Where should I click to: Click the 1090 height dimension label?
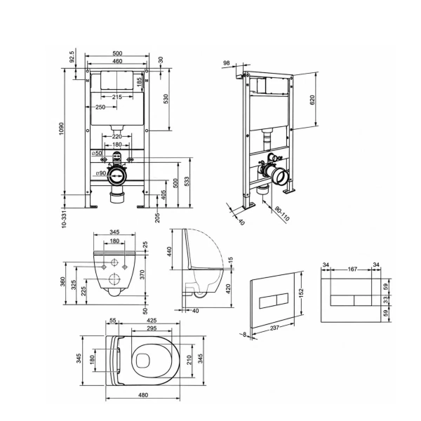pyautogui.click(x=62, y=128)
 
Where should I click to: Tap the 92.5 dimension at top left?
pyautogui.click(x=72, y=57)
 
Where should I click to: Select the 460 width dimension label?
pyautogui.click(x=117, y=61)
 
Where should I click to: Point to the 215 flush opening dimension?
pyautogui.click(x=117, y=97)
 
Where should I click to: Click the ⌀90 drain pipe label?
pyautogui.click(x=101, y=173)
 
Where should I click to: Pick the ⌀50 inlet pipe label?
pyautogui.click(x=97, y=153)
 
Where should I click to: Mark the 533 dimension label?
pyautogui.click(x=187, y=181)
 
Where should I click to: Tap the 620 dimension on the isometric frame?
pyautogui.click(x=312, y=100)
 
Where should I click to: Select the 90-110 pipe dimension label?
pyautogui.click(x=282, y=214)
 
